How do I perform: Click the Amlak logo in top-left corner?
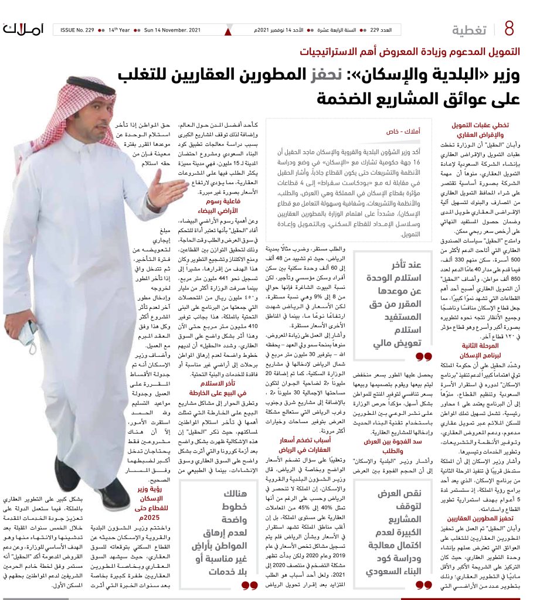tap(23, 28)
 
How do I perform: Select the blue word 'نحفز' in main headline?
tap(340, 77)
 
